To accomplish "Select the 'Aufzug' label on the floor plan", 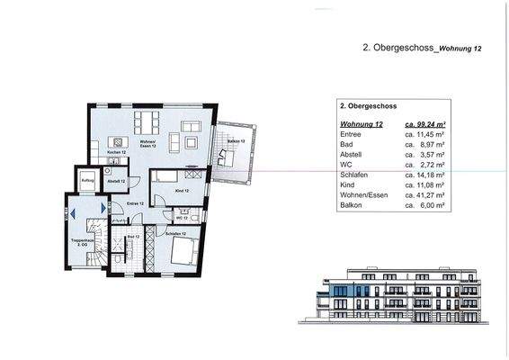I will pos(87,181).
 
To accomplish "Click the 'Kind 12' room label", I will pos(181,192).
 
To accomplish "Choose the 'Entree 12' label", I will pos(136,204).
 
